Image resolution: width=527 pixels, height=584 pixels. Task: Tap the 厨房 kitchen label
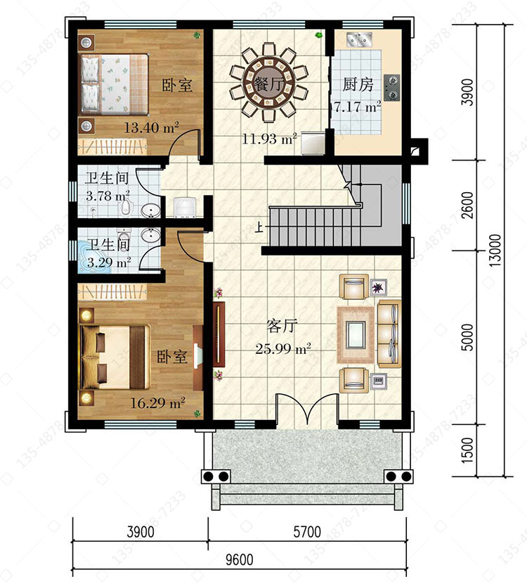pyautogui.click(x=358, y=84)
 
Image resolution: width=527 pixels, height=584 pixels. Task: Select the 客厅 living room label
pyautogui.click(x=282, y=326)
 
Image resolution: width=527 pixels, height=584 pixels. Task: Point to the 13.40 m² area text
pyautogui.click(x=151, y=128)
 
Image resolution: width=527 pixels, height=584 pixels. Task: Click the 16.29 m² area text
pyautogui.click(x=157, y=403)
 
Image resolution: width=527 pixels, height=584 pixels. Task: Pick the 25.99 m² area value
pyautogui.click(x=283, y=349)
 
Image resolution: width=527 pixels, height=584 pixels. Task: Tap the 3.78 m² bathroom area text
pyautogui.click(x=108, y=195)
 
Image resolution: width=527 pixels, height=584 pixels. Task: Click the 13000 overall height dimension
pyautogui.click(x=495, y=250)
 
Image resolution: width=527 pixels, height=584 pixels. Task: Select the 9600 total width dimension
pyautogui.click(x=240, y=559)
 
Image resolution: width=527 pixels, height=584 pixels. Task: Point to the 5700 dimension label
pyautogui.click(x=307, y=532)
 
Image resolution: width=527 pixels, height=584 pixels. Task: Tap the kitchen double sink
pyautogui.click(x=359, y=39)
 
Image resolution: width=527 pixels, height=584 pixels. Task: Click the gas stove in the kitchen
pyautogui.click(x=391, y=87)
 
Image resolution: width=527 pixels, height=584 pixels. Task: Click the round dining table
pyautogui.click(x=268, y=83)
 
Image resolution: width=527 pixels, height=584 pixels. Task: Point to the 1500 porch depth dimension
pyautogui.click(x=467, y=450)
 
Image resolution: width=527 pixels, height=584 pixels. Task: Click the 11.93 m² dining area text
pyautogui.click(x=269, y=139)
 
